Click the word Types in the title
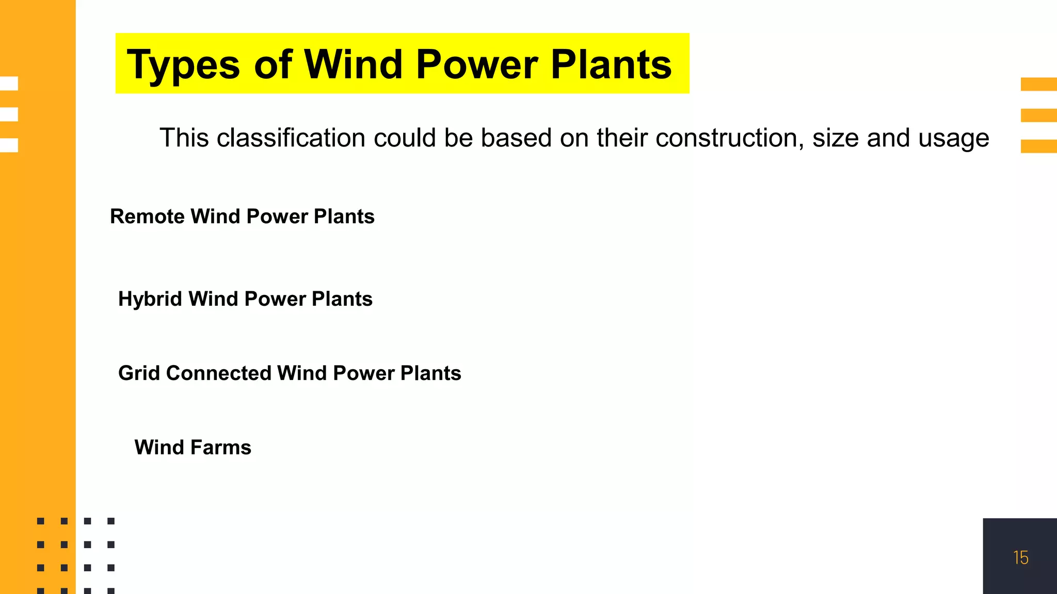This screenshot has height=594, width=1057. pyautogui.click(x=183, y=65)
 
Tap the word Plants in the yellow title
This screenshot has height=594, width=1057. pyautogui.click(x=611, y=64)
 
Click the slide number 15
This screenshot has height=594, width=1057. pyautogui.click(x=1020, y=558)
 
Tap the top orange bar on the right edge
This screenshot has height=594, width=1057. pyautogui.click(x=1038, y=84)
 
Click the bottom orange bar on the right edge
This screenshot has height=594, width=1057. pyautogui.click(x=1038, y=146)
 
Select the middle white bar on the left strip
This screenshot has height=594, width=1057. pyautogui.click(x=9, y=114)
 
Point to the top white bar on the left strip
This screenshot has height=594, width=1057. pyautogui.click(x=9, y=83)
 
